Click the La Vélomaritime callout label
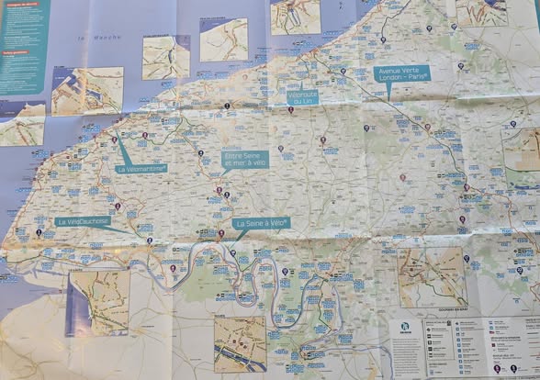[141, 169]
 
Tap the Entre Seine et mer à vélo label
[245, 161]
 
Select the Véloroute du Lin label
[302, 95]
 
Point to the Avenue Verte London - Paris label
[401, 74]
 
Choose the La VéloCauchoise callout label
[82, 221]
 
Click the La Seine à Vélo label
[262, 223]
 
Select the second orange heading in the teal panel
[17, 52]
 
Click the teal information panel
[23, 46]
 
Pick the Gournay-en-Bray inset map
[432, 276]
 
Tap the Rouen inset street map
[240, 342]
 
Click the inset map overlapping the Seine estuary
[98, 301]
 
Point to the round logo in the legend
[406, 328]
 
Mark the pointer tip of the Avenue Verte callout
[388, 99]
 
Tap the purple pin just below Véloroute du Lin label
[291, 110]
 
